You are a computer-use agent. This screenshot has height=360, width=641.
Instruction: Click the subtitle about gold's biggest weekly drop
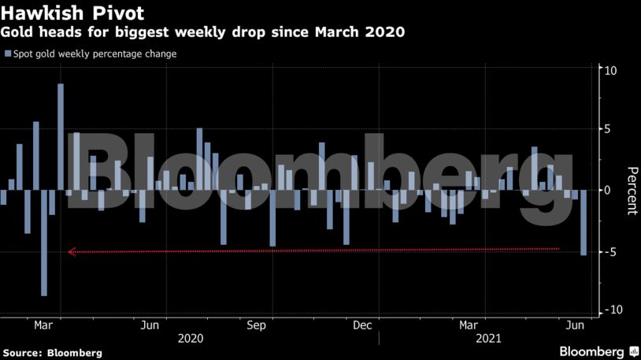(203, 33)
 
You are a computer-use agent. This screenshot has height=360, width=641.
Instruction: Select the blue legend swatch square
(7, 54)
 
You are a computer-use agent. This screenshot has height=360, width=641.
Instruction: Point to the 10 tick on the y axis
(610, 70)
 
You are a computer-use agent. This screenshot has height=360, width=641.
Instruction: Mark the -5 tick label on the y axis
(611, 251)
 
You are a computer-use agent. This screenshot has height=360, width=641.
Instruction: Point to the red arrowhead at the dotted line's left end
(72, 252)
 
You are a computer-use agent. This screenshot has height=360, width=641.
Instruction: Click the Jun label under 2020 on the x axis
(150, 325)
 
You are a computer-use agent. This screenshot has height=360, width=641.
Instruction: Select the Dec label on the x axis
(363, 325)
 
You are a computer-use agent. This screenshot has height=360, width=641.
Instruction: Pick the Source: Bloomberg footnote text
(52, 353)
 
